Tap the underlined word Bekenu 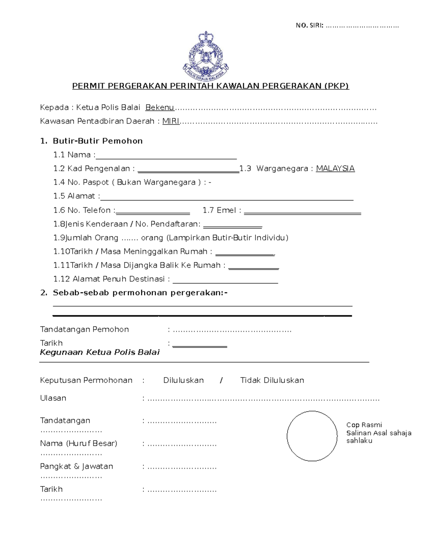coord(159,107)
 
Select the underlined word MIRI coord(171,121)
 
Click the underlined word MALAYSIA coord(335,168)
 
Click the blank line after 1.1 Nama coord(166,157)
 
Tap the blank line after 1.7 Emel coord(302,213)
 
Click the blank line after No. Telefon coord(153,213)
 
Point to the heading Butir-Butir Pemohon coord(97,141)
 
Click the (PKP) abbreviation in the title coord(336,86)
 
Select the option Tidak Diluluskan coord(272,380)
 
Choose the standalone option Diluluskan coord(183,380)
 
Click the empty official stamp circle coord(312,436)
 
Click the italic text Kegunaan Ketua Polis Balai coord(100,352)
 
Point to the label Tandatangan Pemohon coord(84,329)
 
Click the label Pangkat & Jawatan coord(76,466)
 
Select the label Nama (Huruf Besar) coord(79,443)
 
